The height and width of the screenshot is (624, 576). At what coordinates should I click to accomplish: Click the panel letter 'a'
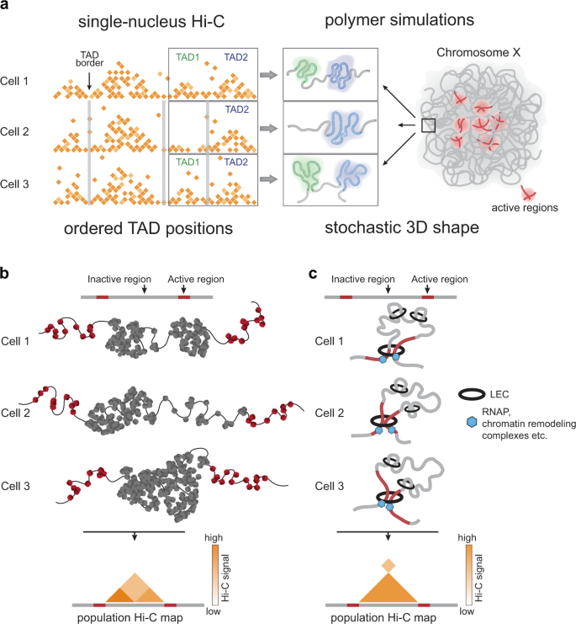(x=7, y=7)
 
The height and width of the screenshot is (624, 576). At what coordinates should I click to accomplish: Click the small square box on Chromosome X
(x=428, y=125)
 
